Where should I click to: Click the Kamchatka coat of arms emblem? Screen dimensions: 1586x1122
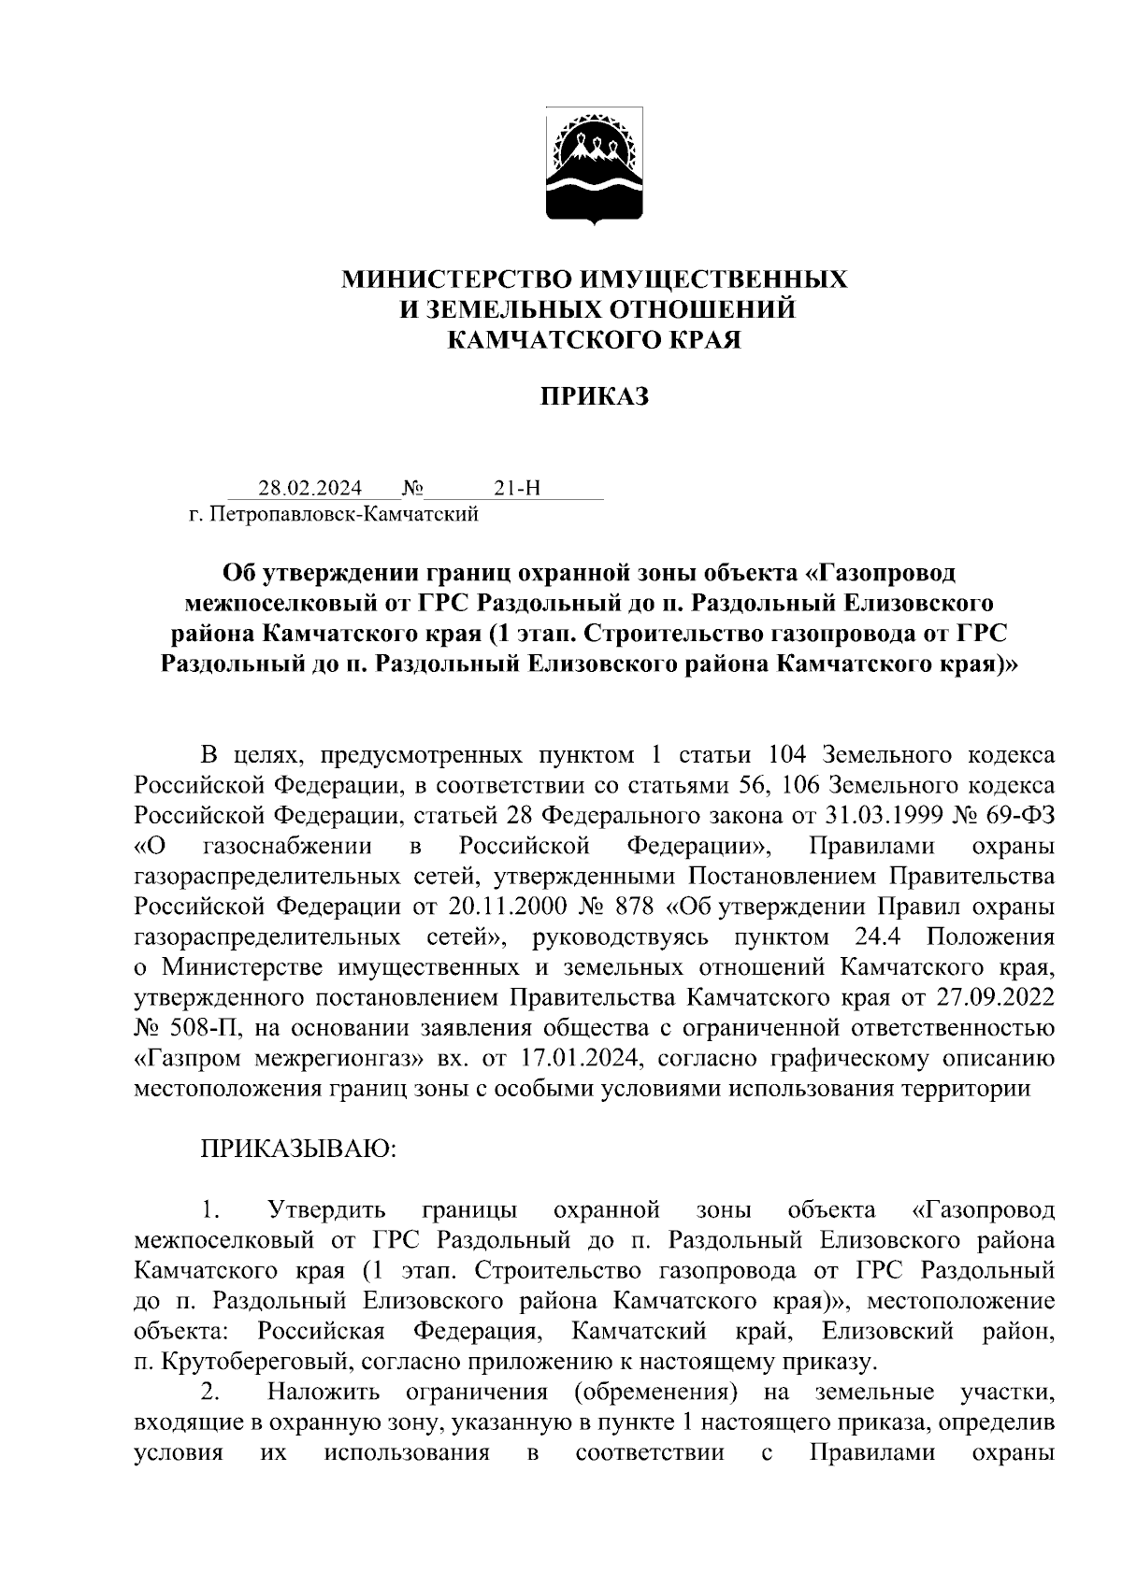(x=594, y=170)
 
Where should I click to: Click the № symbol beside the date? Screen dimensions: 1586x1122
(x=412, y=488)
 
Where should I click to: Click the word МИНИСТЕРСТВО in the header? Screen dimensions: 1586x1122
(x=457, y=279)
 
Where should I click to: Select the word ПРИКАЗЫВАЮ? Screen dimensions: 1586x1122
(x=298, y=1149)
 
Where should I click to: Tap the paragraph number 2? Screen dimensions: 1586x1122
(x=209, y=1392)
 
